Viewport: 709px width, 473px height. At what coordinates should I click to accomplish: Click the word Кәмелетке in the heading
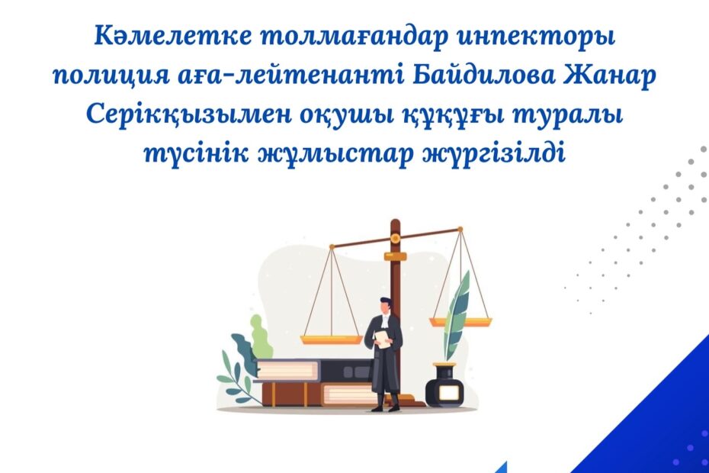[173, 36]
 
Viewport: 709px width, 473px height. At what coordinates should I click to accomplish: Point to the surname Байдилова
[484, 75]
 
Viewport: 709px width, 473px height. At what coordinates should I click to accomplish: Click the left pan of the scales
[332, 339]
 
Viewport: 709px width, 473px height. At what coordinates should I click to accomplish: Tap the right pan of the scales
[460, 322]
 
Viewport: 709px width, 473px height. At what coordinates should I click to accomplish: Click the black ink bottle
[445, 385]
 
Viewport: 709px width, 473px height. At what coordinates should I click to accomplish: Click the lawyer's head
[386, 307]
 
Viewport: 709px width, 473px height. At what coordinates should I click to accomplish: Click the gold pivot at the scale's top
[395, 237]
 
